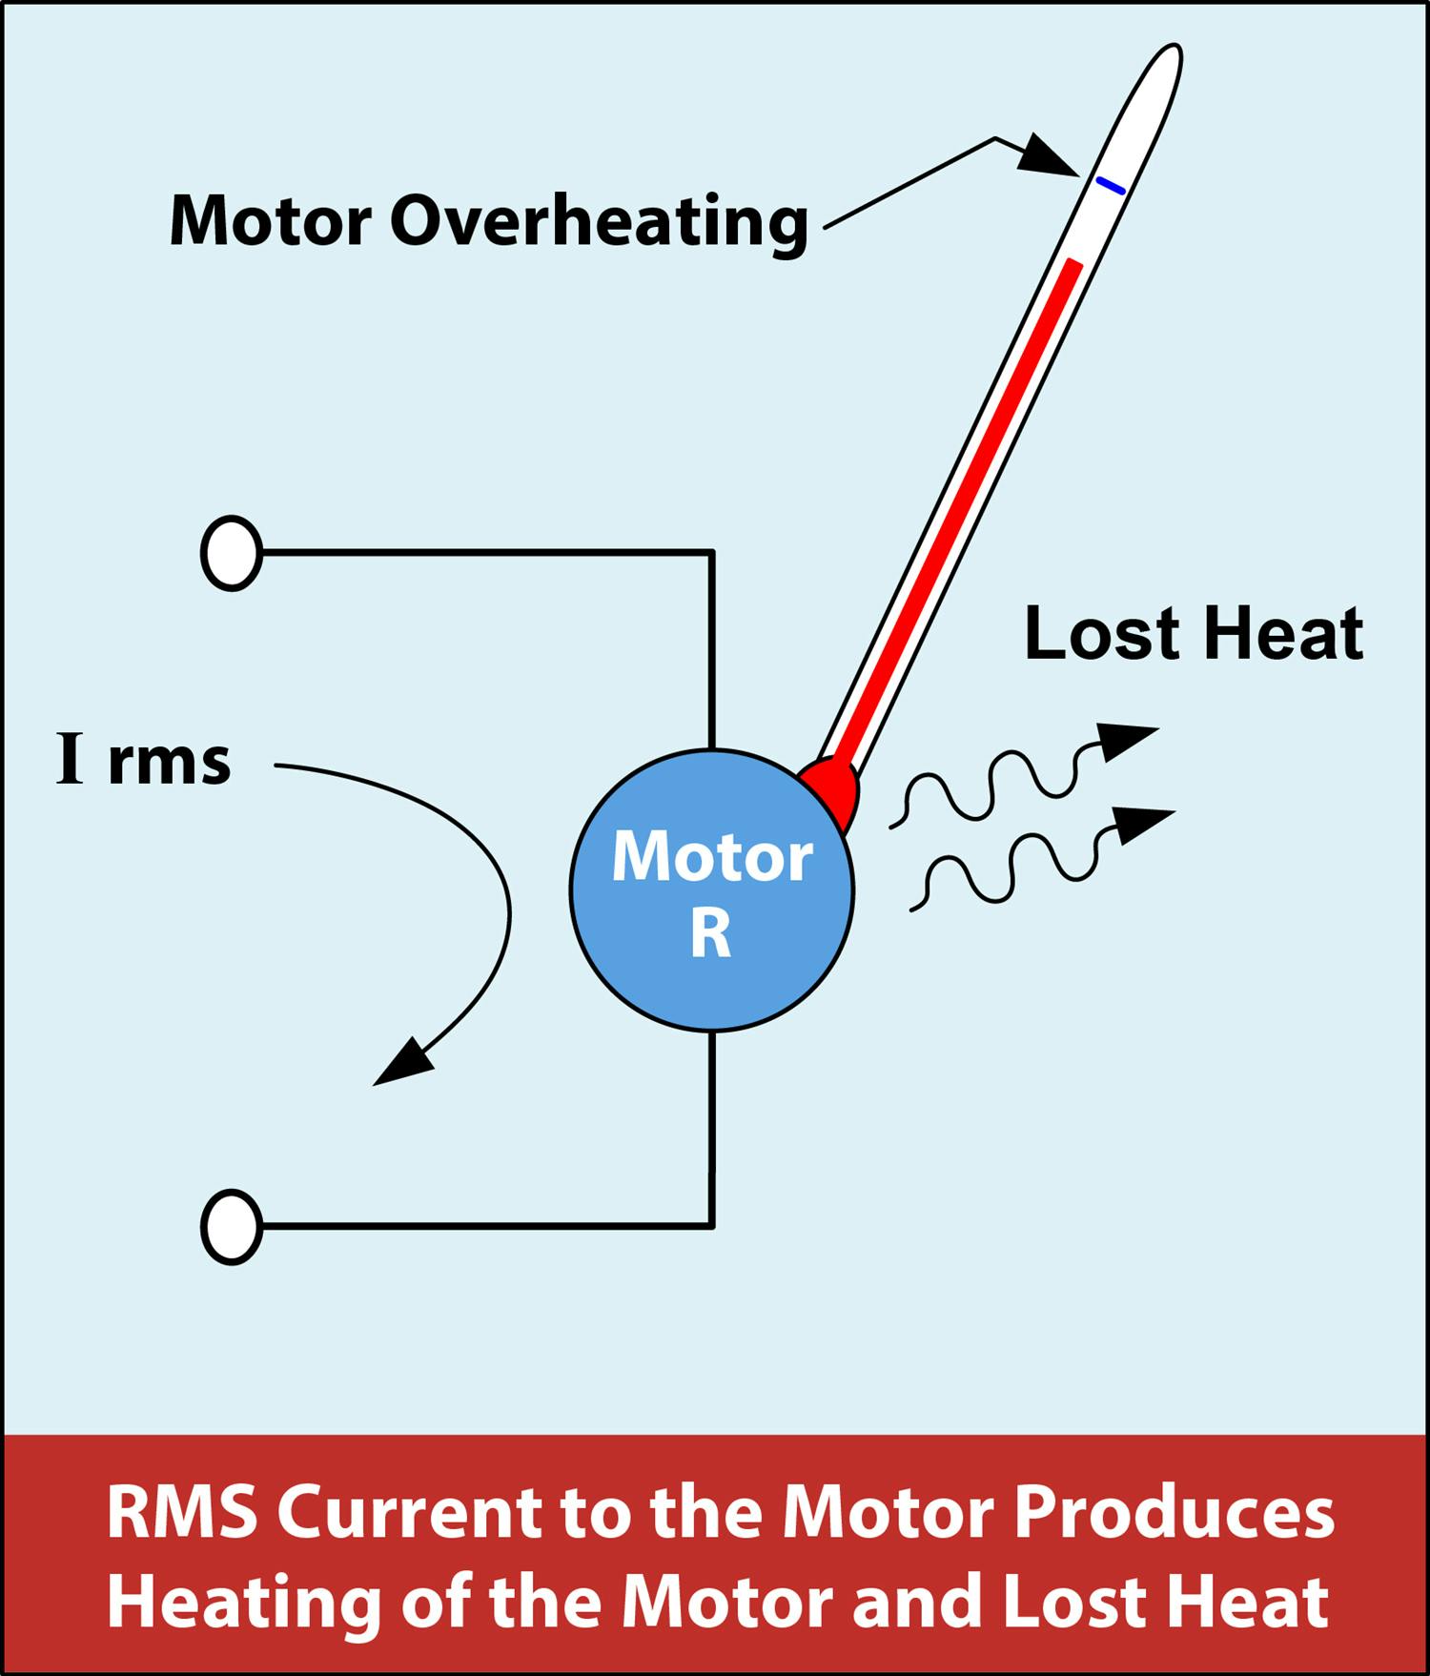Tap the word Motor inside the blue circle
pos(711,857)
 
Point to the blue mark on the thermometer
pos(1110,186)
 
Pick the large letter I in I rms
pos(71,760)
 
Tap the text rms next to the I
pos(170,763)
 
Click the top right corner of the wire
pos(712,553)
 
